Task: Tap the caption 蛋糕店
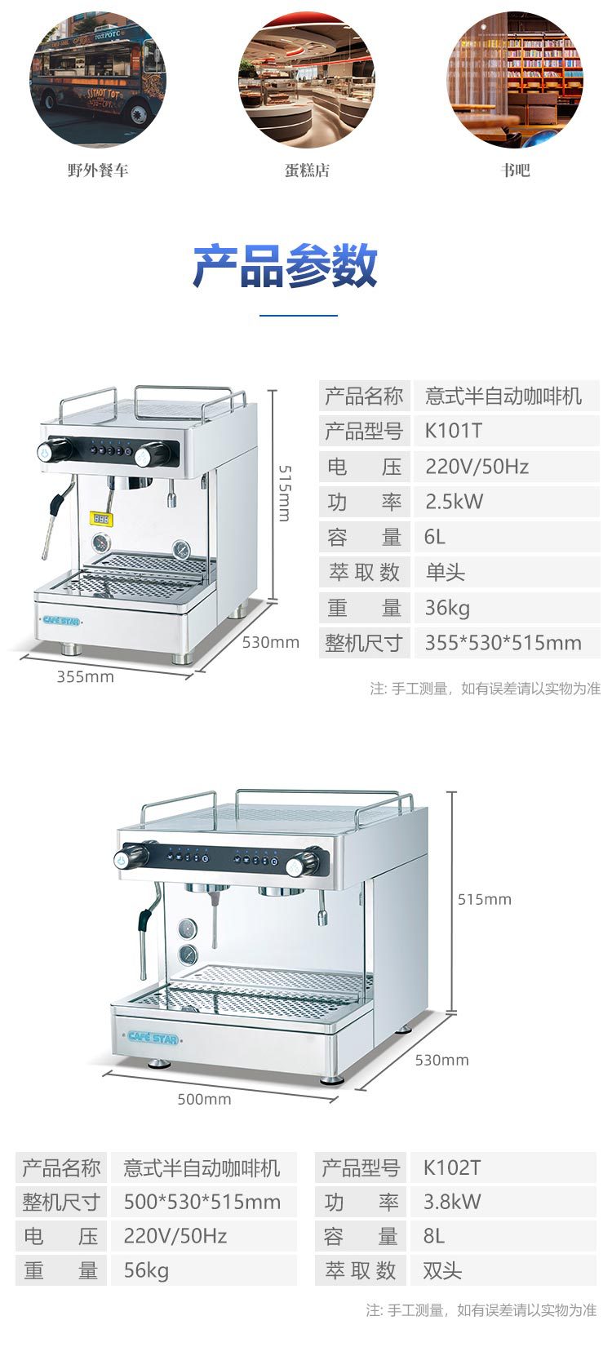[307, 171]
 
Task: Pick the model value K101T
[454, 431]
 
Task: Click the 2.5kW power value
[455, 502]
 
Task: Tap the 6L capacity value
[435, 537]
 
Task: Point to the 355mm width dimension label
[85, 676]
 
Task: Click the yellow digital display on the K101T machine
[101, 518]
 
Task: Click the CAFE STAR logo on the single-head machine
[61, 621]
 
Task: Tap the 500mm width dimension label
[204, 1100]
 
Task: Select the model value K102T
[452, 1168]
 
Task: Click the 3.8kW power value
[452, 1202]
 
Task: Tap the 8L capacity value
[434, 1236]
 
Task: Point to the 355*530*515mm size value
[503, 643]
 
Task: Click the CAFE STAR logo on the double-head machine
[153, 1037]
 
